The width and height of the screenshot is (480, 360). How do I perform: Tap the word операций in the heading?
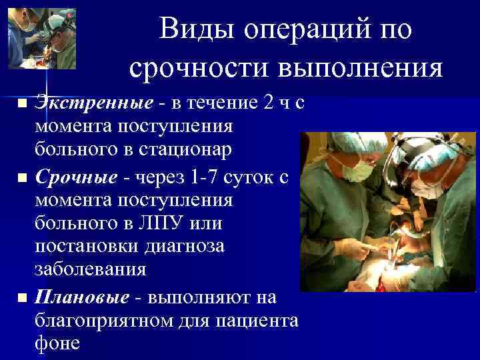pos(308,30)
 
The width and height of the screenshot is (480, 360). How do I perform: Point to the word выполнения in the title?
pos(359,68)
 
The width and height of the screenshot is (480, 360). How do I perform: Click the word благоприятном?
pos(99,321)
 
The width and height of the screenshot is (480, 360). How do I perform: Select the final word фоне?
pos(57,344)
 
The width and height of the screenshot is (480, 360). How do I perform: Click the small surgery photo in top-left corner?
pos(41,37)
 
